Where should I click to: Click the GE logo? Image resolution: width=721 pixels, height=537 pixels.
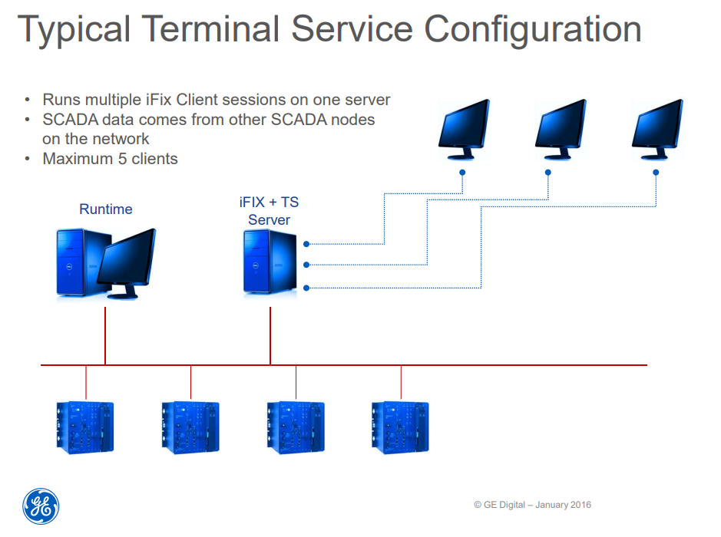tap(41, 507)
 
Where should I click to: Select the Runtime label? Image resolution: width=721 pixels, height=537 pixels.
tap(106, 209)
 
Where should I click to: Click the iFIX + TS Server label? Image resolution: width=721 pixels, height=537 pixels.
tap(269, 211)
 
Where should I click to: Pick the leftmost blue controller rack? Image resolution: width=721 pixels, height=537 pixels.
tap(85, 427)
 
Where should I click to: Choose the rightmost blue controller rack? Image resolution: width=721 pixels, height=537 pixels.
tap(400, 427)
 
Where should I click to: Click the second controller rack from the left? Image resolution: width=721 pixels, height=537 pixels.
tap(190, 427)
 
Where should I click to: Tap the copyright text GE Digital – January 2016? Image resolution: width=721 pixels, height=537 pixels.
tap(532, 505)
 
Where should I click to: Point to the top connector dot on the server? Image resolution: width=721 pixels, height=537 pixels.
tap(306, 244)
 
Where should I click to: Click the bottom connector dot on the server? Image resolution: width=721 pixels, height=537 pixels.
tap(306, 288)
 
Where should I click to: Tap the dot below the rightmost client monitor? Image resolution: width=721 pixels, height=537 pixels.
tap(656, 173)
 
